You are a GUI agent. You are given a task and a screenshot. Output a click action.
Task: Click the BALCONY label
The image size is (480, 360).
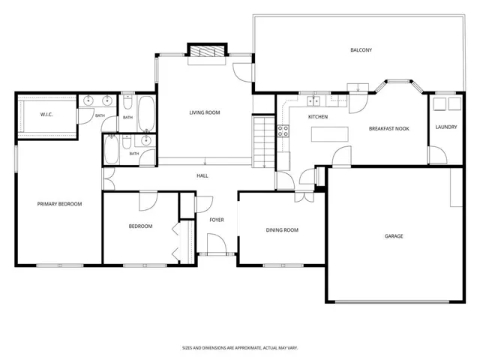361,50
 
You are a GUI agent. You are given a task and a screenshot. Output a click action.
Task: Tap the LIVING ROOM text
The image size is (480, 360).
205,112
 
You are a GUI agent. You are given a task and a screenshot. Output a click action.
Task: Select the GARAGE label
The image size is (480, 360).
394,236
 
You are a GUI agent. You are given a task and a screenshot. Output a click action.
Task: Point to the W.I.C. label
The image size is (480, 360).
46,115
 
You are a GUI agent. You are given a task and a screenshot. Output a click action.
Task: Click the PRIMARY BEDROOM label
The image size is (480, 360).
59,204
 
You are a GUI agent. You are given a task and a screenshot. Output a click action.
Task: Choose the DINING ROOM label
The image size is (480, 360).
282,230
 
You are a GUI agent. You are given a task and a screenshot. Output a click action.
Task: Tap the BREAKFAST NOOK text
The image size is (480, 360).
388,128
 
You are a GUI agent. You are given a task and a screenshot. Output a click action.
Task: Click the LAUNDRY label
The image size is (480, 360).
446,127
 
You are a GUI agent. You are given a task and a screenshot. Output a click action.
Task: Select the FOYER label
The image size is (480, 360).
217,220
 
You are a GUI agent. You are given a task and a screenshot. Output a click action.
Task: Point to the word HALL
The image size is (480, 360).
202,175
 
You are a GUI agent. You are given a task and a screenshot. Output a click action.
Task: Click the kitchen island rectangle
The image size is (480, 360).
330,134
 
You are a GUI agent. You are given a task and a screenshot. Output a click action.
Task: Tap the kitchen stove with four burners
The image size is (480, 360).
283,131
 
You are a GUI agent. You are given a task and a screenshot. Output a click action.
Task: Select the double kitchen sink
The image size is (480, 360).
313,100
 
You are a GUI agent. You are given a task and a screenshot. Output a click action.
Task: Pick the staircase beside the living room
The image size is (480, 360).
263,141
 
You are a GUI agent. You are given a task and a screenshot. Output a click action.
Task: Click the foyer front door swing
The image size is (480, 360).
217,244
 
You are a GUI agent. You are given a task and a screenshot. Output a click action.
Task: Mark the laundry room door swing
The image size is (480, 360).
438,155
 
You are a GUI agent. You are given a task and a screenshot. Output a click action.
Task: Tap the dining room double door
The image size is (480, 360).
304,196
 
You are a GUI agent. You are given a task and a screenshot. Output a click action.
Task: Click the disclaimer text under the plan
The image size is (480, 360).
240,348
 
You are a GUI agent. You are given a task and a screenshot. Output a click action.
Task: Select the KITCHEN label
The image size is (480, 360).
318,117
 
